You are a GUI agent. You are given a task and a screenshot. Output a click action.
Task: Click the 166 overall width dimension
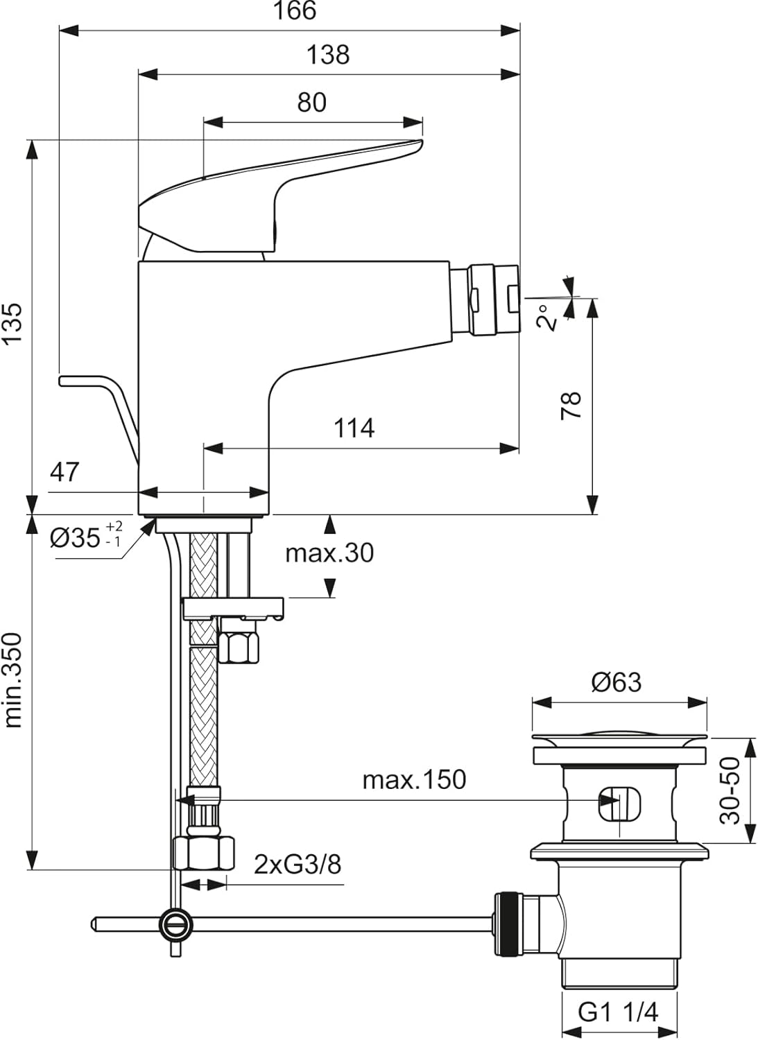tap(295, 10)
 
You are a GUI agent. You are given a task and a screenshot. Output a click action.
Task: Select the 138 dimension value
tap(328, 55)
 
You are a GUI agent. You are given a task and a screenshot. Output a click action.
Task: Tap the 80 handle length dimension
tap(311, 102)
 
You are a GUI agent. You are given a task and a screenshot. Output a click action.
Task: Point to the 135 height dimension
tap(12, 324)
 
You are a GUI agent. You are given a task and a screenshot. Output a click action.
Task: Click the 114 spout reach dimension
tap(354, 428)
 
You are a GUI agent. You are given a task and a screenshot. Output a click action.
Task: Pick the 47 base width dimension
tap(64, 472)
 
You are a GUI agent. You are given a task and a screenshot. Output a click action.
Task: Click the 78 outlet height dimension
tap(571, 406)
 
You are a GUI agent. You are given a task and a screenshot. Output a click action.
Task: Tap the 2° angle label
tap(547, 317)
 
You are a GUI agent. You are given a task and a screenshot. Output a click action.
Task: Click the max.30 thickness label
tap(329, 553)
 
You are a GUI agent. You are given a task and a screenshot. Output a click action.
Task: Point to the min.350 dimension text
tap(12, 680)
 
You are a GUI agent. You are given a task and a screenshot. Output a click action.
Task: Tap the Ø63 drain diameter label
tap(617, 682)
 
